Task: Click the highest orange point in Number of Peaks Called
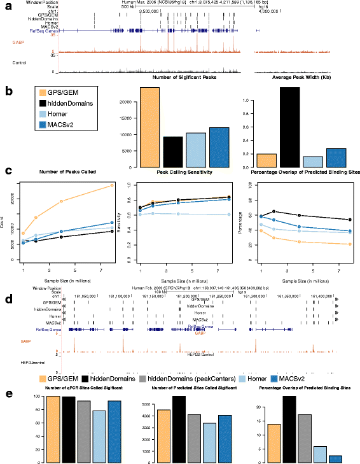[111, 185]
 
